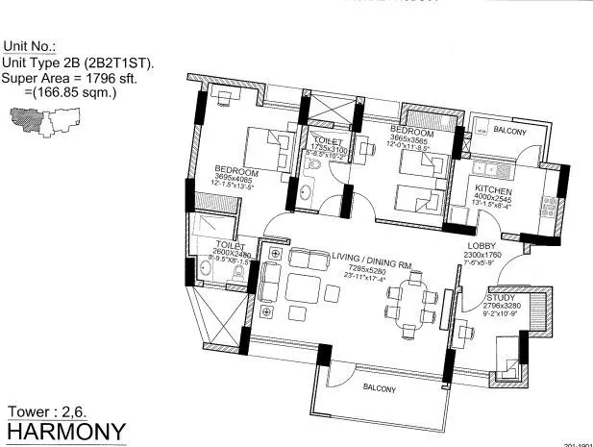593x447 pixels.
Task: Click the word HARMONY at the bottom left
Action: [x=63, y=430]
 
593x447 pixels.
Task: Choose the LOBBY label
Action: [x=507, y=245]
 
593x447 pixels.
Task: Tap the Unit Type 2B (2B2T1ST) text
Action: [x=79, y=62]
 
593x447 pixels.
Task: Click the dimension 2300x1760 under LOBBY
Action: [x=507, y=255]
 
